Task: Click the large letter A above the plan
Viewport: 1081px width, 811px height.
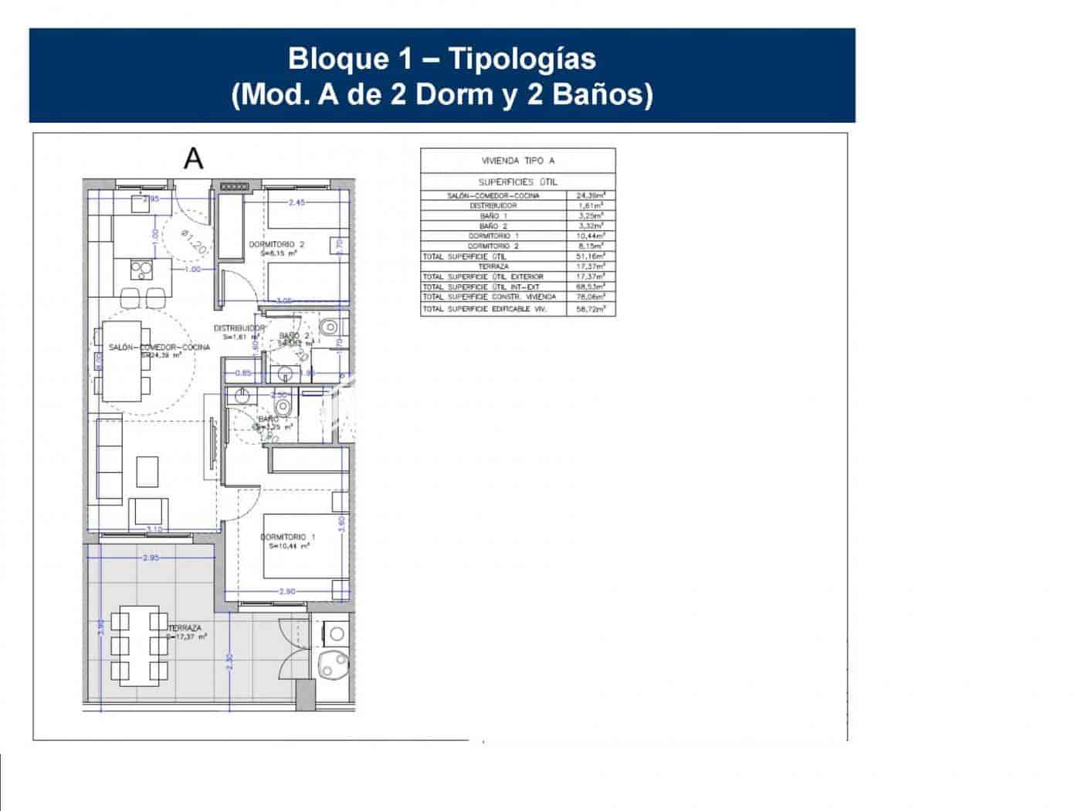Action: [193, 158]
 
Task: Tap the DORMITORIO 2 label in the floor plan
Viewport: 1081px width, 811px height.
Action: [276, 244]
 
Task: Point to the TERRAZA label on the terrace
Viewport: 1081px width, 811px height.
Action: [185, 628]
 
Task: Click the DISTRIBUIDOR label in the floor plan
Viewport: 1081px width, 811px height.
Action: [239, 328]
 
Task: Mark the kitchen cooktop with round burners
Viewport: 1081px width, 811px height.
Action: [141, 269]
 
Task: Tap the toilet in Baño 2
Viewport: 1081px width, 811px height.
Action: [330, 326]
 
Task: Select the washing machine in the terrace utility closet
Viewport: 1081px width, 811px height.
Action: [336, 635]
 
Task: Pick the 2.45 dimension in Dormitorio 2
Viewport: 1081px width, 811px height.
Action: [298, 203]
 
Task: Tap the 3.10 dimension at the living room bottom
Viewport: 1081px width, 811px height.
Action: [154, 530]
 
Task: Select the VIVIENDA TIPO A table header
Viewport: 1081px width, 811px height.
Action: [518, 161]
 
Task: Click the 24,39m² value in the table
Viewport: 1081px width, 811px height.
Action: [591, 196]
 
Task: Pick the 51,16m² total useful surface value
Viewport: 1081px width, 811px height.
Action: [591, 256]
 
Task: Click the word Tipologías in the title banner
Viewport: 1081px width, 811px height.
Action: [522, 59]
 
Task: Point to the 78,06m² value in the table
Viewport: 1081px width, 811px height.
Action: [591, 297]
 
